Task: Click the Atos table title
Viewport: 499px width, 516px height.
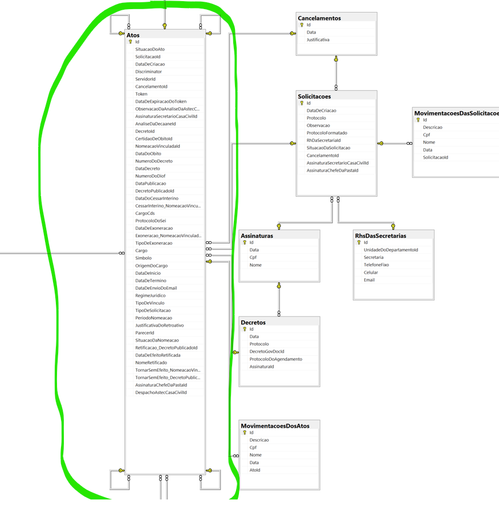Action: click(x=133, y=35)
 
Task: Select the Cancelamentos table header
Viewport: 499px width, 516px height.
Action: click(x=319, y=18)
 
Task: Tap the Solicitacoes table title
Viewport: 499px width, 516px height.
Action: click(x=314, y=96)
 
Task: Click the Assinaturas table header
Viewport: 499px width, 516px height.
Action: click(x=257, y=235)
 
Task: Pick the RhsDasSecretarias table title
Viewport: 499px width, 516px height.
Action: click(x=380, y=235)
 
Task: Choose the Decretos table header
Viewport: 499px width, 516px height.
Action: click(x=253, y=323)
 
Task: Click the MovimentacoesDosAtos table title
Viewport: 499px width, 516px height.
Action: click(x=275, y=426)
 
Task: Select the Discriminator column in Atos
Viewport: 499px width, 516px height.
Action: click(x=148, y=71)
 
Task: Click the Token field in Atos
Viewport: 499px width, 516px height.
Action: click(x=141, y=94)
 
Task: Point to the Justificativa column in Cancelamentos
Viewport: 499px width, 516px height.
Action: click(x=318, y=39)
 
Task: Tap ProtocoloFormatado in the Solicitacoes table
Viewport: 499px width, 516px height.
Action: click(x=327, y=133)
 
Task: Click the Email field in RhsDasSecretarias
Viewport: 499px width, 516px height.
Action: click(x=369, y=280)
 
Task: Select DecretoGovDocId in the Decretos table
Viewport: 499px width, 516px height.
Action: click(x=267, y=351)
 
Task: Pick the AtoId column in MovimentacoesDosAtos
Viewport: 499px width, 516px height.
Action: click(x=255, y=470)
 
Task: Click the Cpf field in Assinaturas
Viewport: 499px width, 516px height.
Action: click(x=253, y=257)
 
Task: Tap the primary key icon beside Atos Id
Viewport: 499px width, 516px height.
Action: click(x=131, y=42)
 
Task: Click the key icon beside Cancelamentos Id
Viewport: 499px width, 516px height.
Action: click(x=302, y=25)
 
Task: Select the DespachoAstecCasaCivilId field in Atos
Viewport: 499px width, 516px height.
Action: click(x=161, y=392)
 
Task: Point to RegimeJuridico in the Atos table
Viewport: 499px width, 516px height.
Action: click(x=151, y=295)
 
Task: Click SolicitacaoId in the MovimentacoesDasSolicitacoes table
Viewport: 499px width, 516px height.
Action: click(x=436, y=157)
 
